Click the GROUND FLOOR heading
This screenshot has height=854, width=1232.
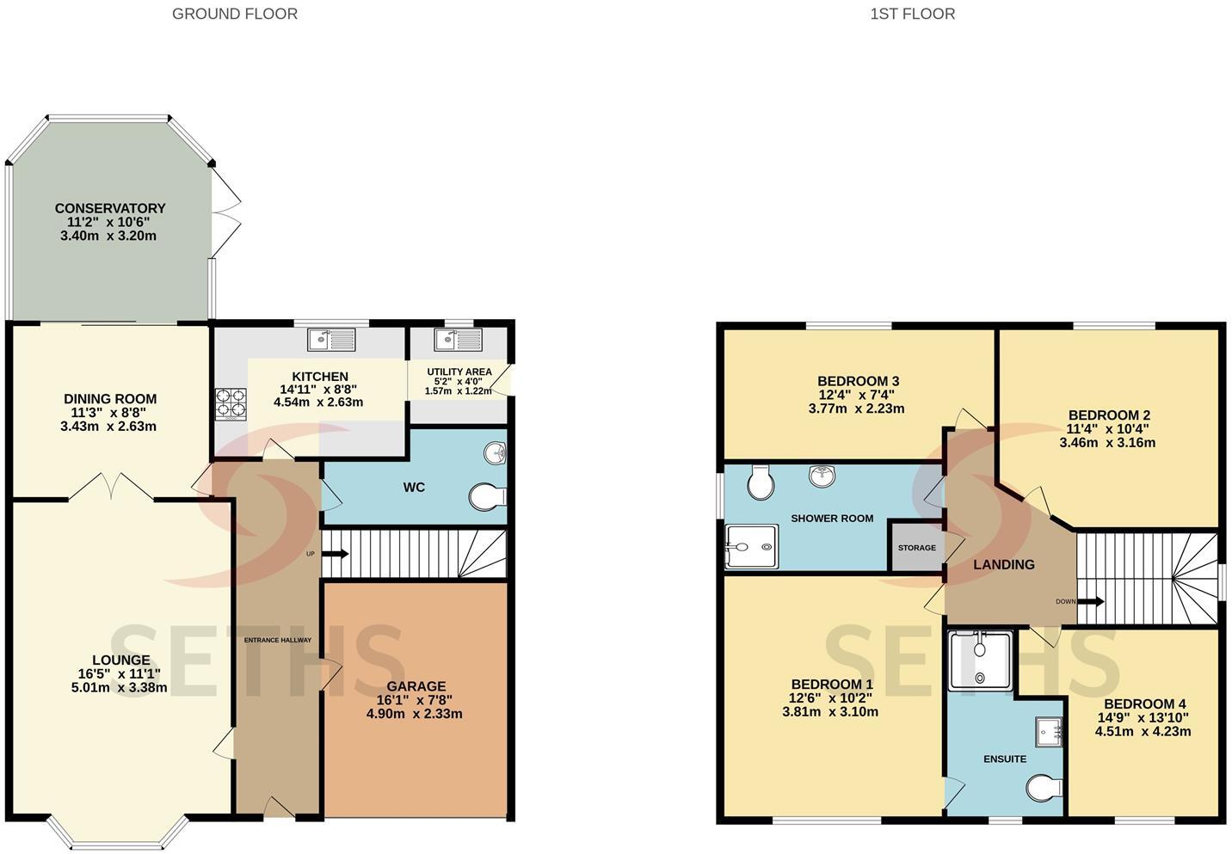click(x=235, y=14)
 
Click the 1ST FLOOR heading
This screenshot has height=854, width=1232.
click(x=913, y=14)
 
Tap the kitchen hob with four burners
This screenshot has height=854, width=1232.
click(x=231, y=404)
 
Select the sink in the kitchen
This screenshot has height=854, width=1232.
click(x=331, y=340)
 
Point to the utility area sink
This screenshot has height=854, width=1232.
click(x=459, y=340)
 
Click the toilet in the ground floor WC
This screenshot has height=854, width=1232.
click(x=487, y=496)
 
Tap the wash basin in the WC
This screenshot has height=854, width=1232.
click(x=495, y=453)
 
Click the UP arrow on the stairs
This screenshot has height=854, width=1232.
click(x=335, y=554)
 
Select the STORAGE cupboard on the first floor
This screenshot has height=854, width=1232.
click(x=917, y=548)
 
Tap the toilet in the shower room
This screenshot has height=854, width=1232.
click(x=761, y=482)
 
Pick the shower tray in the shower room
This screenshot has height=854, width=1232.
click(x=752, y=547)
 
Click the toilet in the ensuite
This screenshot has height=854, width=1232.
click(x=1044, y=788)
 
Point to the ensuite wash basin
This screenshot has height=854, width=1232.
click(x=1049, y=731)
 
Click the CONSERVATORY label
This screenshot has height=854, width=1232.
click(x=110, y=208)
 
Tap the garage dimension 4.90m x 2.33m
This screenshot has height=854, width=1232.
click(x=414, y=714)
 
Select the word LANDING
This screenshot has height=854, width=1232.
click(x=1004, y=564)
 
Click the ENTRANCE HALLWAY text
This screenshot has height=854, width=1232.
click(x=278, y=640)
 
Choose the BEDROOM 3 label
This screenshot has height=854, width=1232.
click(x=858, y=381)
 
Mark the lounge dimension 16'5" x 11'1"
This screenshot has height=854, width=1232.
click(x=120, y=673)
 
